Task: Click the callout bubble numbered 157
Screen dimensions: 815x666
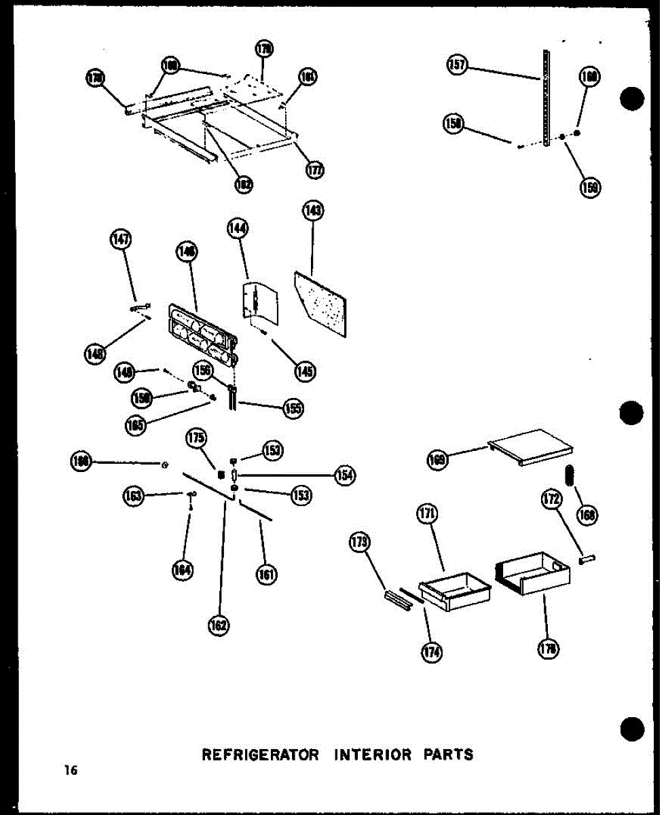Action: point(457,65)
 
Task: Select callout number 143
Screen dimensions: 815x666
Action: point(313,211)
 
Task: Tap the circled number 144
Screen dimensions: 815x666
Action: point(238,230)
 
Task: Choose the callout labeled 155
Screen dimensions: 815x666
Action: point(293,408)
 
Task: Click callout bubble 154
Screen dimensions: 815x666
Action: point(345,475)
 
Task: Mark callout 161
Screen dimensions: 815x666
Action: point(266,575)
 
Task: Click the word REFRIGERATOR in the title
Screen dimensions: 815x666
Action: point(260,755)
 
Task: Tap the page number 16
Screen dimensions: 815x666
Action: point(71,770)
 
